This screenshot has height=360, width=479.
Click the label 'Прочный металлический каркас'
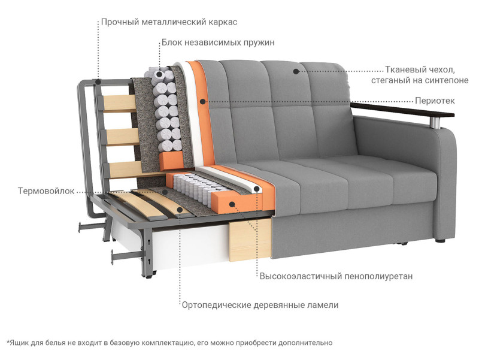click(x=169, y=22)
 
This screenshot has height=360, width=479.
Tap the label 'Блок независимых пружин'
click(x=218, y=43)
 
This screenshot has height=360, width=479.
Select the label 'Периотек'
click(x=435, y=101)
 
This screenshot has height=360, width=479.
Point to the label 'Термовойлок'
click(x=46, y=191)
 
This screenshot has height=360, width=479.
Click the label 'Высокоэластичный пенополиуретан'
click(x=336, y=277)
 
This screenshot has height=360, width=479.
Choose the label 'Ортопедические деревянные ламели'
click(x=260, y=305)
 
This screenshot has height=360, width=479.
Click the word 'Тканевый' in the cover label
click(x=405, y=70)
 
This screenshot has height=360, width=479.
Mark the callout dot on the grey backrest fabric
click(x=296, y=71)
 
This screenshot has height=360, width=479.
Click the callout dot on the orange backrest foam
click(x=202, y=101)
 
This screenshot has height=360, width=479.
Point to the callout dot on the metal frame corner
click(x=98, y=81)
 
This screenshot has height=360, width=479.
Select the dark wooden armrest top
click(x=402, y=110)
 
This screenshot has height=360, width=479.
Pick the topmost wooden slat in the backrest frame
click(x=119, y=102)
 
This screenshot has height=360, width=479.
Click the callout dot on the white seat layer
click(x=257, y=189)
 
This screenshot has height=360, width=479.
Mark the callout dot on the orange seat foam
click(x=232, y=204)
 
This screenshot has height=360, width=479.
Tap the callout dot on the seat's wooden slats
click(x=180, y=210)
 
